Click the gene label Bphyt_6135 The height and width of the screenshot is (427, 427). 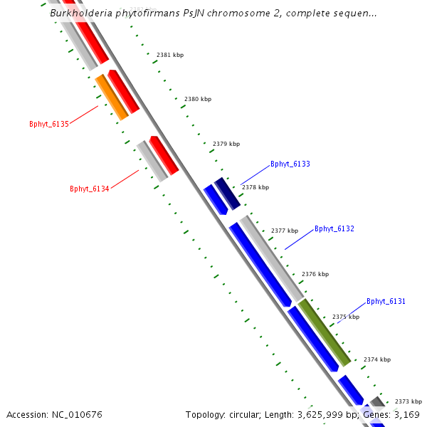[49, 124]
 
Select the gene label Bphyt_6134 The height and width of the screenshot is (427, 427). [89, 189]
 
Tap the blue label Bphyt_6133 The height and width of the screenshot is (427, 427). [290, 164]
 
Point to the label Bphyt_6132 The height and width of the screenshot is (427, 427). [334, 228]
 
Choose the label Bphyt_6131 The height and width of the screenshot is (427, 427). [386, 301]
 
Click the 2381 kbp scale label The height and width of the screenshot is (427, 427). [169, 55]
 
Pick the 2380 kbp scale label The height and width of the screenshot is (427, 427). [197, 100]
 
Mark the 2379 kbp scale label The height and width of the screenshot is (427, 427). [226, 144]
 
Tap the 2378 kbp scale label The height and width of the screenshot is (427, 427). [255, 188]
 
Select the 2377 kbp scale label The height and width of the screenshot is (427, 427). [285, 231]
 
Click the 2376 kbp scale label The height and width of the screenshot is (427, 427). [315, 274]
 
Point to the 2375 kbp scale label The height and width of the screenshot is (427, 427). [345, 317]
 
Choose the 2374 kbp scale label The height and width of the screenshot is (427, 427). [376, 359]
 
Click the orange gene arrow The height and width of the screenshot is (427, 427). [112, 97]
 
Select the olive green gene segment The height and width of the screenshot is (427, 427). [324, 332]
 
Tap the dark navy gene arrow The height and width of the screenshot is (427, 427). [226, 194]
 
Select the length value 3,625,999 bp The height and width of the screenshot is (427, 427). [327, 414]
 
